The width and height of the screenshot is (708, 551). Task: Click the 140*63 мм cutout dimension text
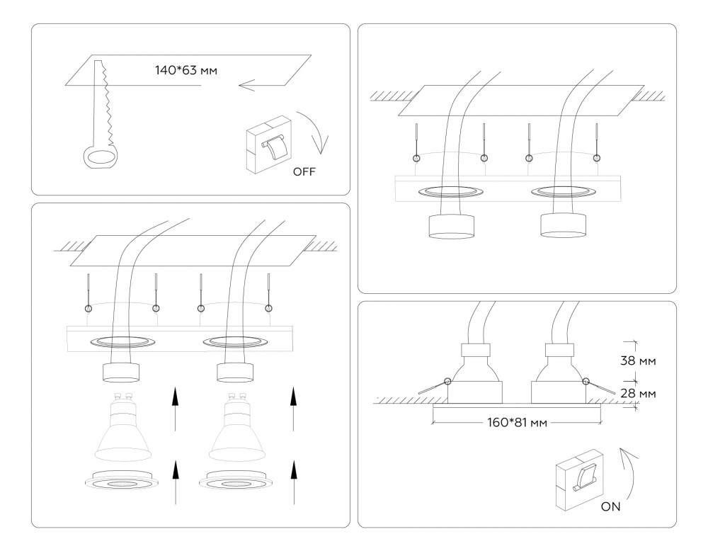point(186,70)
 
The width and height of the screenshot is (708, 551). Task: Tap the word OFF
point(304,171)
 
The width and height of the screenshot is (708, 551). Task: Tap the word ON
point(610,507)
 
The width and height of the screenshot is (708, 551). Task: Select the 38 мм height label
point(638,361)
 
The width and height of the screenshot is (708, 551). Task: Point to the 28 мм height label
point(638,393)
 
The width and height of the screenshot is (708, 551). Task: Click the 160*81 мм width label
point(517,423)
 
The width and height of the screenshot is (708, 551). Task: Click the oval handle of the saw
point(101,157)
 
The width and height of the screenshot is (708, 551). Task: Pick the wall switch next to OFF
point(268,144)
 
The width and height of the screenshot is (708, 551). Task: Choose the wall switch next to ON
point(579,479)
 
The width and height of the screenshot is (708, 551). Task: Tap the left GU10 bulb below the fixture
point(123,426)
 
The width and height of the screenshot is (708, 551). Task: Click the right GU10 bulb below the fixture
point(237,426)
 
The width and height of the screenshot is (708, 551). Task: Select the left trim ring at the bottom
point(122,481)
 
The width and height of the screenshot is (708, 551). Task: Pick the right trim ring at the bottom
point(236,481)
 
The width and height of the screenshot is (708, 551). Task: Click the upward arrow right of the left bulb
point(175,409)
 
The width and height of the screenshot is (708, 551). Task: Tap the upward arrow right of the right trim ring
point(294,482)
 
